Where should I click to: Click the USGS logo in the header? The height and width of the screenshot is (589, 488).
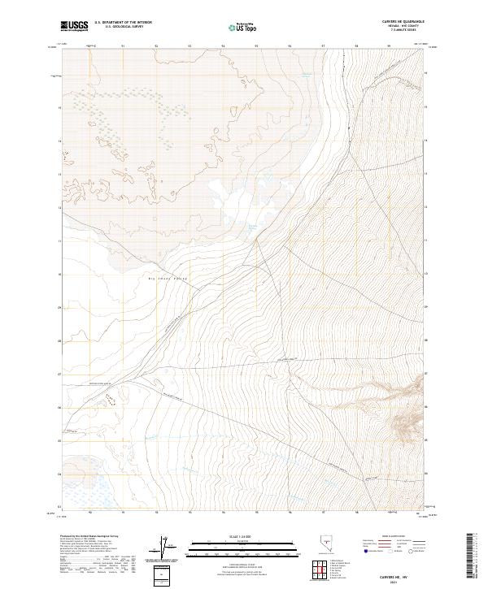pos(74,26)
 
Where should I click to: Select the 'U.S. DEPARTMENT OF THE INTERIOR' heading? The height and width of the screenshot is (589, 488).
pos(123,22)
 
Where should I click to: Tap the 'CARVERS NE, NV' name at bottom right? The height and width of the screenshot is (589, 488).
pos(402,574)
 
